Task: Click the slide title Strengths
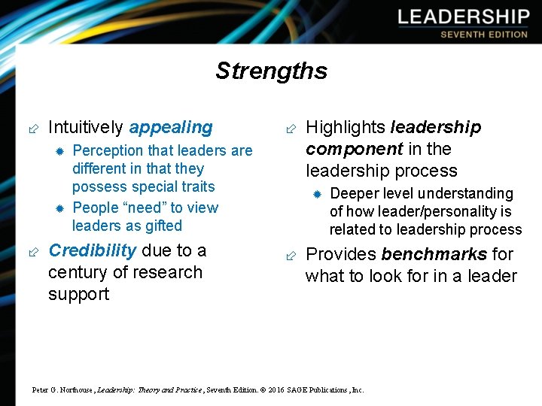pyautogui.click(x=271, y=71)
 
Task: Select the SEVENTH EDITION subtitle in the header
pyautogui.click(x=483, y=35)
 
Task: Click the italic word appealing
pyautogui.click(x=171, y=128)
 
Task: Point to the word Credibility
pyautogui.click(x=92, y=250)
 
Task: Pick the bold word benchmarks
pyautogui.click(x=434, y=254)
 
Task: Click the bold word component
pyautogui.click(x=354, y=149)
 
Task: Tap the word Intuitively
pyautogui.click(x=87, y=128)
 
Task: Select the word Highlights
pyautogui.click(x=345, y=128)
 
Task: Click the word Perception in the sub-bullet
pyautogui.click(x=108, y=150)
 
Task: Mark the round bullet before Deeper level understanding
pyautogui.click(x=317, y=194)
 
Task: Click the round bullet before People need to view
pyautogui.click(x=59, y=208)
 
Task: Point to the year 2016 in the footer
pyautogui.click(x=276, y=390)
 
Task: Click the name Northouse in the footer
pyautogui.click(x=72, y=390)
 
